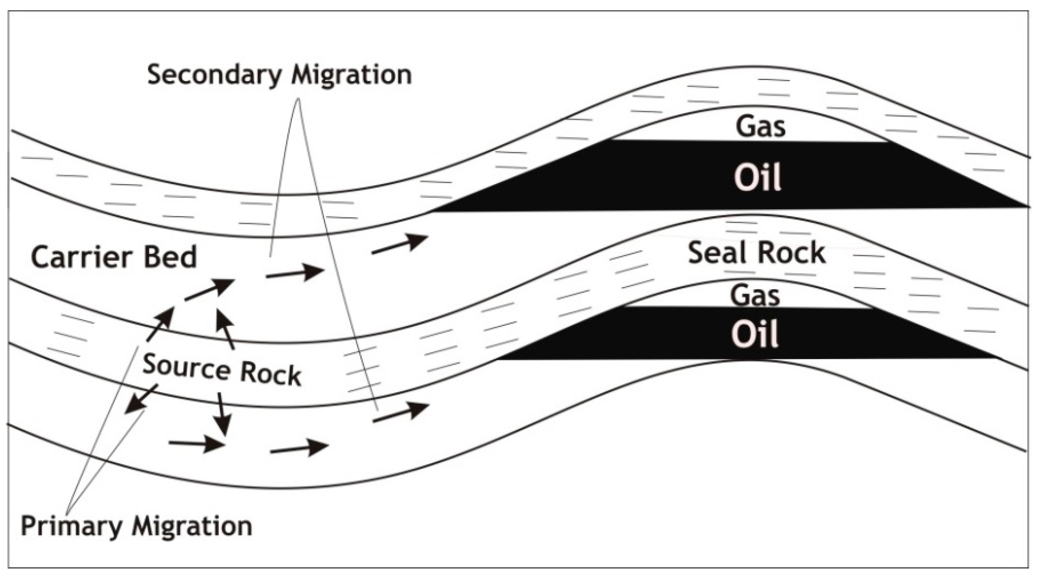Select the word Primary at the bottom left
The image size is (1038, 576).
(x=71, y=526)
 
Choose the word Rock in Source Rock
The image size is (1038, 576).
(x=270, y=374)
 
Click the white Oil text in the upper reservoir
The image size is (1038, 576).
(x=757, y=177)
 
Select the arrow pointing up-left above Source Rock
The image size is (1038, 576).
(x=225, y=329)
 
